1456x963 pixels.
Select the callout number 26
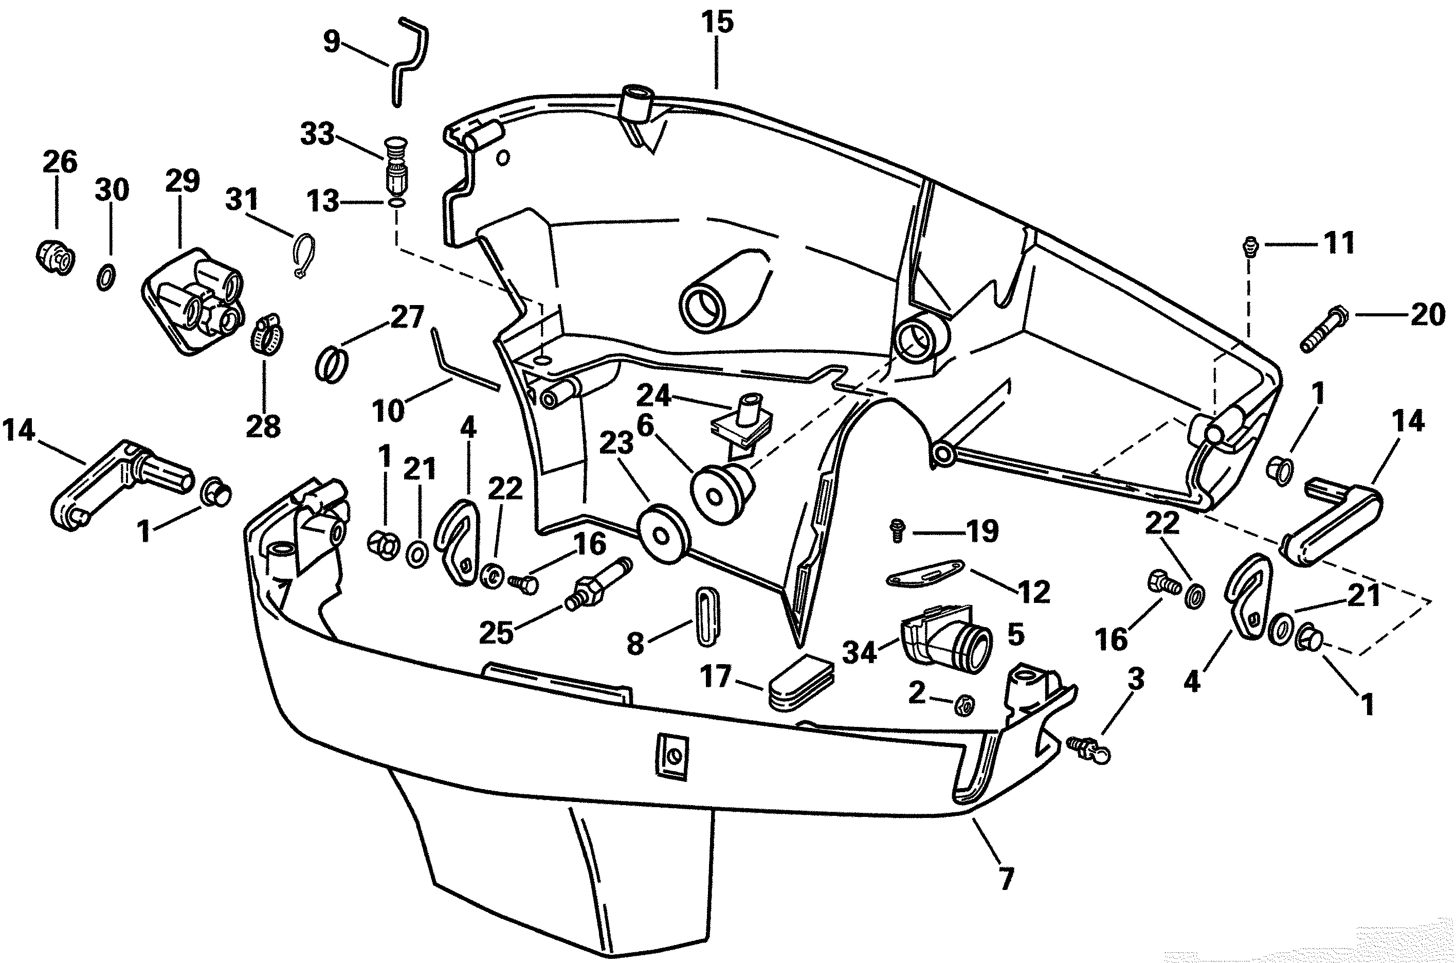[60, 162]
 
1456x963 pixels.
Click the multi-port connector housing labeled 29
[193, 300]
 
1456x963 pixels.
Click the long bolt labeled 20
[1322, 328]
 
